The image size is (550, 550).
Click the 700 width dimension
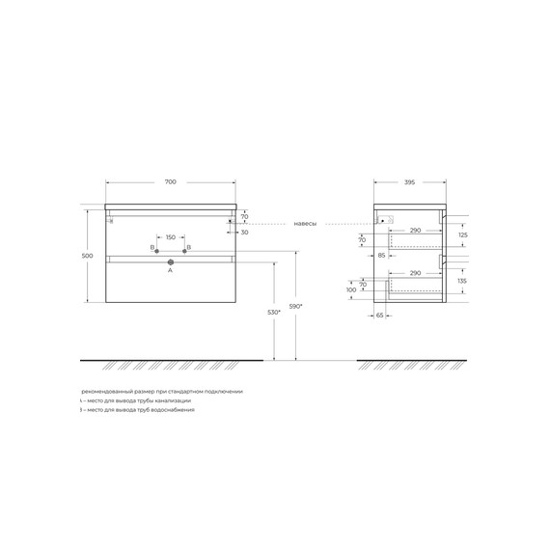(170, 181)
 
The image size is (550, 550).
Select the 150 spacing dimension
(170, 237)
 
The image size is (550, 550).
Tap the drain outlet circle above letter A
(170, 261)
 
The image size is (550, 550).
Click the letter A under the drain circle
(170, 271)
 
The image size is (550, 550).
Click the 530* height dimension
(274, 312)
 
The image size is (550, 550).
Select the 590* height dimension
(296, 306)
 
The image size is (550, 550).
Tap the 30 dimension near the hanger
(244, 232)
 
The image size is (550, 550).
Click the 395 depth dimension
(409, 181)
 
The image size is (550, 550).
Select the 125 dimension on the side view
(462, 234)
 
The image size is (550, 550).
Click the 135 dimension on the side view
(462, 281)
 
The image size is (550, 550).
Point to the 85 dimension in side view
(381, 256)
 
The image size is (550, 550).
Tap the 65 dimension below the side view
(380, 315)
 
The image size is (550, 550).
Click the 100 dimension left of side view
(351, 289)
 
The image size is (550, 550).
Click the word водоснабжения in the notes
(171, 410)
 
